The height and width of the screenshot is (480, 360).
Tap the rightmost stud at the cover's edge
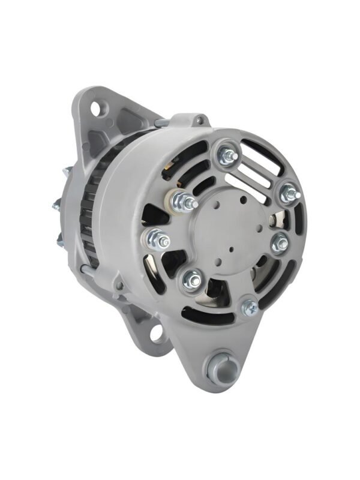coord(288,191)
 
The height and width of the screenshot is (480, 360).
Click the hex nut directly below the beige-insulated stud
coord(157,239)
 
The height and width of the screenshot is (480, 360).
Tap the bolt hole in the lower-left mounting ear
coord(158,333)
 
